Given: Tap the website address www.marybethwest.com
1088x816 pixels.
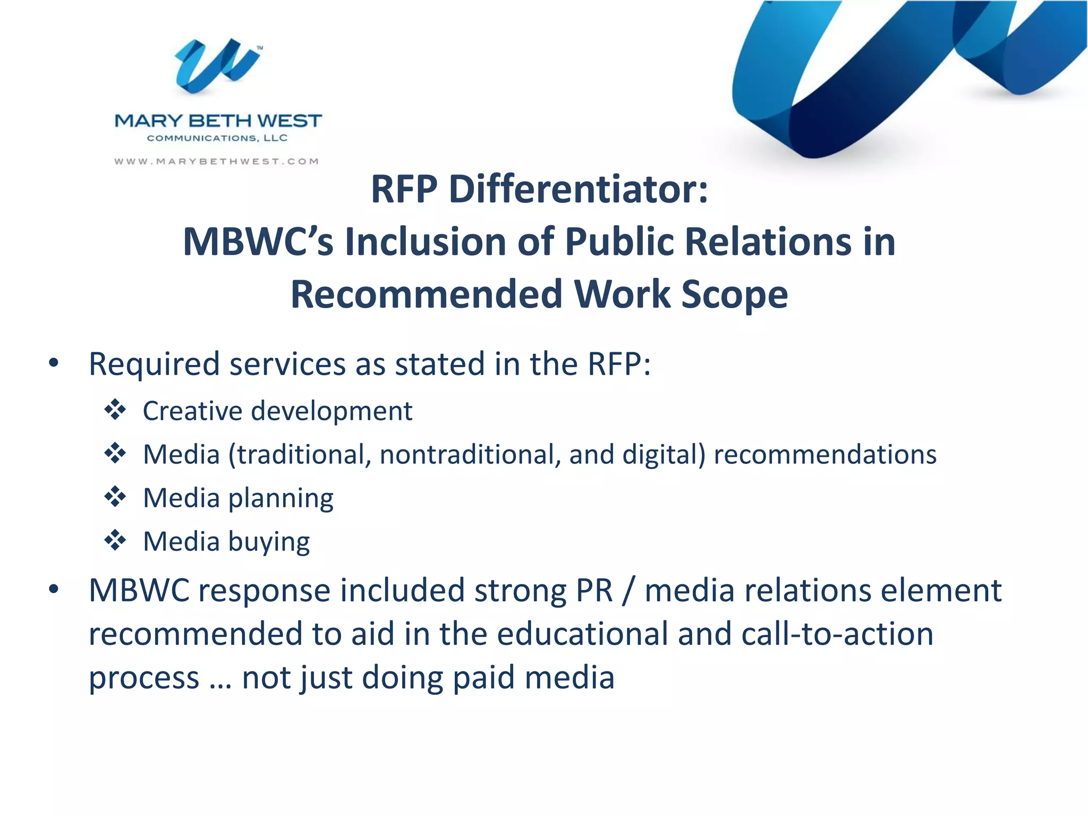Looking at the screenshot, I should click(x=217, y=161).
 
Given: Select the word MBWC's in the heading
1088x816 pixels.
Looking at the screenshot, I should click(x=258, y=242).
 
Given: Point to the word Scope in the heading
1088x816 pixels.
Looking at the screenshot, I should click(x=734, y=295).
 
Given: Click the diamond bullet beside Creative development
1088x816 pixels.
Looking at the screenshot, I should click(x=115, y=410).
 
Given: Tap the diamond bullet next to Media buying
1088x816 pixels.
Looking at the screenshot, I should click(x=115, y=541).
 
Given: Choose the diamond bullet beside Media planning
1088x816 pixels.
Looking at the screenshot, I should click(x=115, y=497).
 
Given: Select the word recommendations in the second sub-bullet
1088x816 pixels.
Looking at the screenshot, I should click(x=824, y=455).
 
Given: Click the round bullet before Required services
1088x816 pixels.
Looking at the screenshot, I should click(x=53, y=364).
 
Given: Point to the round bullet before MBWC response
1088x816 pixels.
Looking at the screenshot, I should click(x=53, y=590).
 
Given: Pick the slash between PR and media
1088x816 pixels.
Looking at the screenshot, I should click(x=628, y=591).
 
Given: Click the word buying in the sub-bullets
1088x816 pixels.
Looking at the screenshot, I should click(x=269, y=542).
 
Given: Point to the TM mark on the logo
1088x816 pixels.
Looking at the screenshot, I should click(x=260, y=48).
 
